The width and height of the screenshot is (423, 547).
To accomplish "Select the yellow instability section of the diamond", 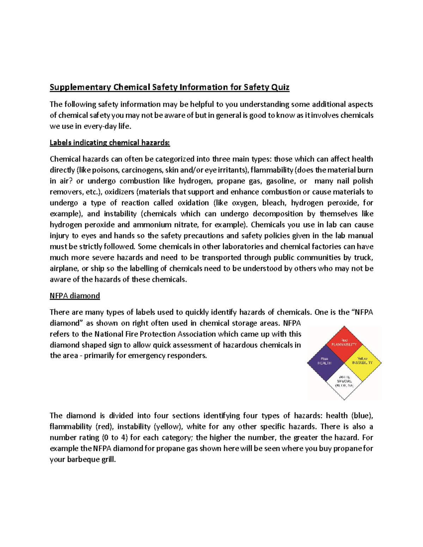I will point(363,361).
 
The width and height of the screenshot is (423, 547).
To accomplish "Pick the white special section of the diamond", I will point(344,381).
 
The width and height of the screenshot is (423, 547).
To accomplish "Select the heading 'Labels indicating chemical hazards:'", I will point(110,143).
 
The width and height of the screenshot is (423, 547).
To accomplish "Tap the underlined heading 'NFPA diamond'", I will point(75,296).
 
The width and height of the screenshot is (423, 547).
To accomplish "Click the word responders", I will point(187,356).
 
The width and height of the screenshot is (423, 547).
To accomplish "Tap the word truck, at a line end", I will point(363,257).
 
